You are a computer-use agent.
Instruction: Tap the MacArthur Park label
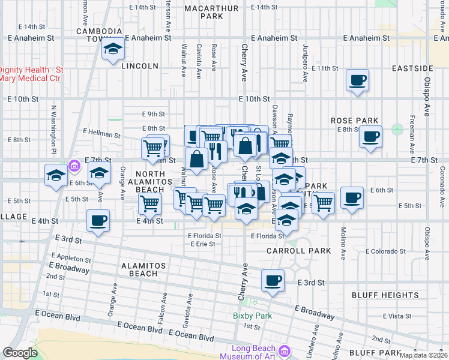(x=212, y=12)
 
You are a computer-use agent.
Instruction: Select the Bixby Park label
(x=253, y=316)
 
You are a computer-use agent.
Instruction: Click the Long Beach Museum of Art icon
(x=284, y=350)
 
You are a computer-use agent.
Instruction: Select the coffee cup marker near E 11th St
(x=358, y=80)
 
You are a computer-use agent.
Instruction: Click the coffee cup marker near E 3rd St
(x=273, y=280)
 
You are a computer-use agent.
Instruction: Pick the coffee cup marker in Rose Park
(x=370, y=136)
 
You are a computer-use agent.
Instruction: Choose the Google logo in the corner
(x=20, y=353)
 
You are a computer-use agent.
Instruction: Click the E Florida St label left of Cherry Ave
(x=204, y=236)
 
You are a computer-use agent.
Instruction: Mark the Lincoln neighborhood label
(x=139, y=66)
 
